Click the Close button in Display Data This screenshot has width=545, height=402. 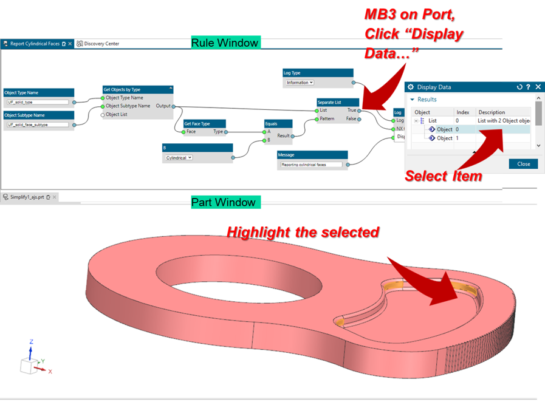pyautogui.click(x=523, y=164)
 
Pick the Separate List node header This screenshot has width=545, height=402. pyautogui.click(x=338, y=102)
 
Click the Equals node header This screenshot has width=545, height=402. pyautogui.click(x=278, y=123)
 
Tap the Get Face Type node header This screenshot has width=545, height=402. pyautogui.click(x=204, y=123)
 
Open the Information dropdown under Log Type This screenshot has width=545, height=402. pyautogui.click(x=300, y=83)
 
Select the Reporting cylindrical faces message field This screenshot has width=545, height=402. pyautogui.click(x=310, y=165)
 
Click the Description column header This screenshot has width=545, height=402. pyautogui.click(x=492, y=112)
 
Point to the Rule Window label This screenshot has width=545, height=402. pyautogui.click(x=225, y=43)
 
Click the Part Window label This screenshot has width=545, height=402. pyautogui.click(x=223, y=202)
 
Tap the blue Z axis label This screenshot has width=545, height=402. pyautogui.click(x=31, y=342)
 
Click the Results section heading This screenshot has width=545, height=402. pyautogui.click(x=427, y=100)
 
